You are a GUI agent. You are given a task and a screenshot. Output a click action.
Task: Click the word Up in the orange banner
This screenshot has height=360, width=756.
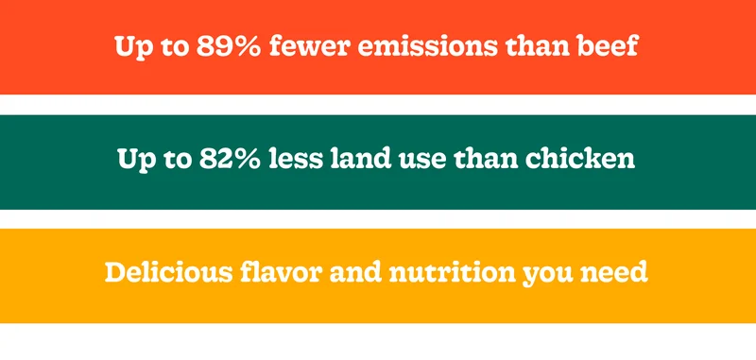130,48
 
